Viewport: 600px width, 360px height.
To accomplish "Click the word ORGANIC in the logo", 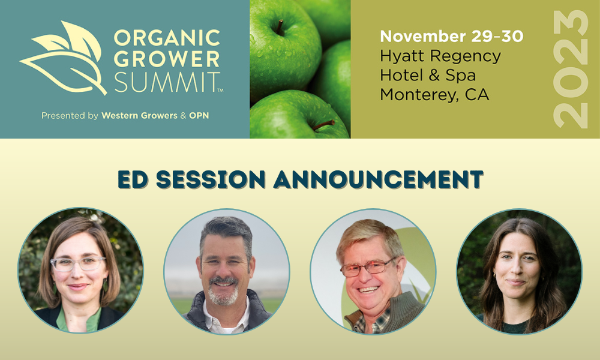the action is [x=167, y=38].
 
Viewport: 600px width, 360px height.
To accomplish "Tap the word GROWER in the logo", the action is [x=167, y=59].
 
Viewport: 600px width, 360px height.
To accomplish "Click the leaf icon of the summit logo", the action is [x=63, y=58].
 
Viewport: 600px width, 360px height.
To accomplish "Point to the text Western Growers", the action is [x=139, y=116].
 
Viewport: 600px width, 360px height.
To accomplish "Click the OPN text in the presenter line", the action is [x=199, y=116].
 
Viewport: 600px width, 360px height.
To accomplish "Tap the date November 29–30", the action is [x=452, y=37].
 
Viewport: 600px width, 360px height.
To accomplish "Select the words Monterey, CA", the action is [x=434, y=94].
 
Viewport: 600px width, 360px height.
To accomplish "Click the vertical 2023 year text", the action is [x=571, y=69].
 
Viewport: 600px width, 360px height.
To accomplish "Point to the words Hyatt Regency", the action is [x=440, y=56].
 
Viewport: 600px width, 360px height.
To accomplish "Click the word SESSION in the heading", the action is [x=211, y=179].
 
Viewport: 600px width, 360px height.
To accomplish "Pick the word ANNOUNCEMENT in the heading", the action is [x=378, y=179].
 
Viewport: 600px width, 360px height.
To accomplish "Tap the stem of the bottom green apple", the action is [x=323, y=125].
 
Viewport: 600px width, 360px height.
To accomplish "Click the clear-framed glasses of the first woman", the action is [x=78, y=263].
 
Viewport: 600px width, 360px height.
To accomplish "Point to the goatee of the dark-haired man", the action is [x=223, y=292].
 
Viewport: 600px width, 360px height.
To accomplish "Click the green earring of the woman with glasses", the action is [x=105, y=284].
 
